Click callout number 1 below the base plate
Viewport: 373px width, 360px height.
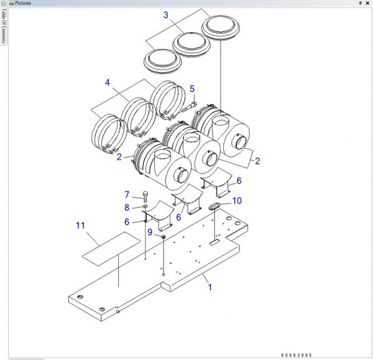[210, 287]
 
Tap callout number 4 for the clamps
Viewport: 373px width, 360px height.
[108, 83]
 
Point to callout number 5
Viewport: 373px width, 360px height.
[192, 89]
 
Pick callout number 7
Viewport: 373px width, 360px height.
[127, 195]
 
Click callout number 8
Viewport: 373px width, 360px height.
[127, 207]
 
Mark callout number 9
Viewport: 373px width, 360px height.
[150, 232]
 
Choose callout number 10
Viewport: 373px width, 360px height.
[237, 201]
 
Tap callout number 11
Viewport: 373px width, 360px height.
[79, 224]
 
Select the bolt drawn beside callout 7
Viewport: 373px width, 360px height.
[145, 198]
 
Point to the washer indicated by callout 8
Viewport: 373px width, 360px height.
[145, 207]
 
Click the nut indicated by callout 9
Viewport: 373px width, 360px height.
[163, 237]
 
